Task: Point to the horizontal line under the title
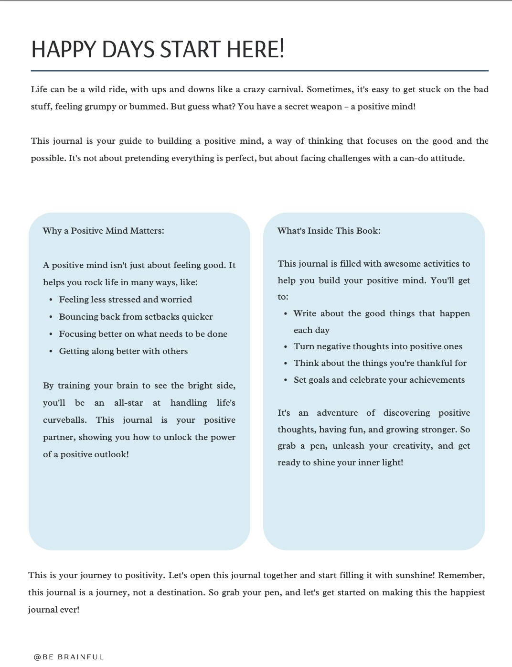[259, 71]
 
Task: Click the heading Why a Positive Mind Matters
[103, 231]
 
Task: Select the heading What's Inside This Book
[329, 231]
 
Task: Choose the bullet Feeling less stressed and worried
[125, 300]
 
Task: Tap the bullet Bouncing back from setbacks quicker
[136, 317]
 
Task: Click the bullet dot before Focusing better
[51, 334]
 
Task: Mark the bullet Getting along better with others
[123, 351]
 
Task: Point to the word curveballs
[64, 420]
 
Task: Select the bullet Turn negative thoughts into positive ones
[378, 346]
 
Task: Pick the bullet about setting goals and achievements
[379, 380]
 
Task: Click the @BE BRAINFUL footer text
[69, 657]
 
